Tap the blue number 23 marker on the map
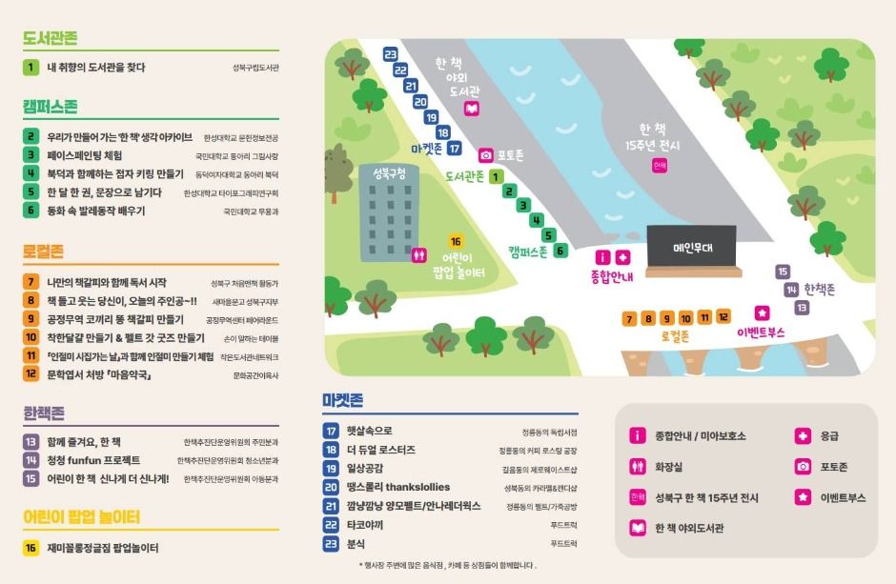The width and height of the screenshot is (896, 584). [390, 54]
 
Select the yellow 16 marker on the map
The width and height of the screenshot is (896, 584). [455, 242]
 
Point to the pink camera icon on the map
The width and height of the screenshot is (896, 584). [485, 154]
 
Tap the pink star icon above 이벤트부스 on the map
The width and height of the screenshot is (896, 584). [762, 312]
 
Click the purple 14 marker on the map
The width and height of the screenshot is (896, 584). [791, 290]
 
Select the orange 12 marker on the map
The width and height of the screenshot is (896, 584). [723, 317]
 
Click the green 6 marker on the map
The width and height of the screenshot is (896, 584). [560, 251]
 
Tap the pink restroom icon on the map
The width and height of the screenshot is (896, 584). [418, 255]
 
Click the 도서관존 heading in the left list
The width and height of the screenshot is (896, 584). [51, 39]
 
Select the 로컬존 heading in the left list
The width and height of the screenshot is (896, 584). [44, 252]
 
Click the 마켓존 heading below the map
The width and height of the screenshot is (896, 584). [342, 400]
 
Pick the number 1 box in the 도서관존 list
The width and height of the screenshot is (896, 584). [31, 68]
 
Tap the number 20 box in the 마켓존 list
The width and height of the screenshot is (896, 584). [332, 487]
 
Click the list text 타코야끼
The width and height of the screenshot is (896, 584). [364, 524]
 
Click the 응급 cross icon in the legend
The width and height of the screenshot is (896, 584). [803, 436]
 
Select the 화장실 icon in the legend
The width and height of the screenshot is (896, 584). [638, 467]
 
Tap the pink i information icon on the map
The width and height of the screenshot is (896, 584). [602, 257]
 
